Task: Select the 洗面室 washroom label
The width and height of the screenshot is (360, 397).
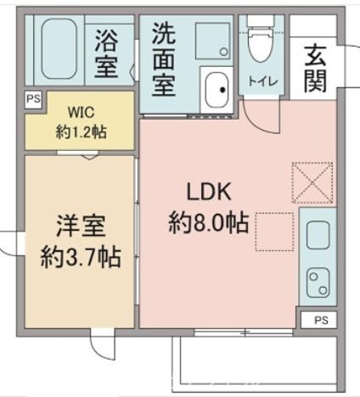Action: tap(165, 59)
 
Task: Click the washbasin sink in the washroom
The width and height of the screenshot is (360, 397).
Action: tap(217, 88)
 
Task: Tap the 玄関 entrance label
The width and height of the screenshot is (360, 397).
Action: tap(314, 68)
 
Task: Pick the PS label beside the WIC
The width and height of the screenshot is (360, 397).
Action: tap(32, 99)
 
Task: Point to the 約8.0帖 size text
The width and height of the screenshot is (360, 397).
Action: tap(209, 223)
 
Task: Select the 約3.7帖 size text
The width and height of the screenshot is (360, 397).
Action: tap(81, 257)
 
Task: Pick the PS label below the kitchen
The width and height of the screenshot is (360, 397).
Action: tap(319, 320)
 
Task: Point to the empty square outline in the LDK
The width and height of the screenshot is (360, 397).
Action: tap(277, 231)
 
